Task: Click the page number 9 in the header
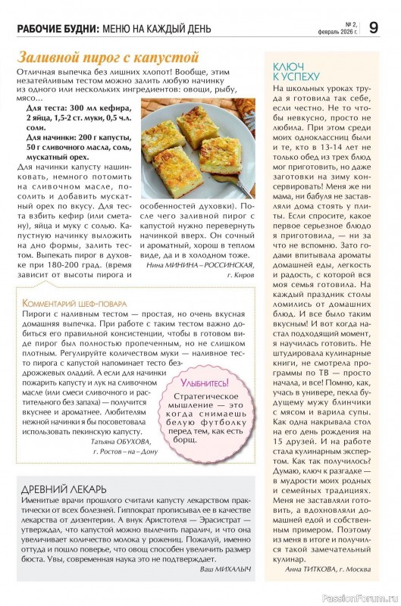374,28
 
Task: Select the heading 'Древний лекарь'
64,489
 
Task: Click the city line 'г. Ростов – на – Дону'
125,451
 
